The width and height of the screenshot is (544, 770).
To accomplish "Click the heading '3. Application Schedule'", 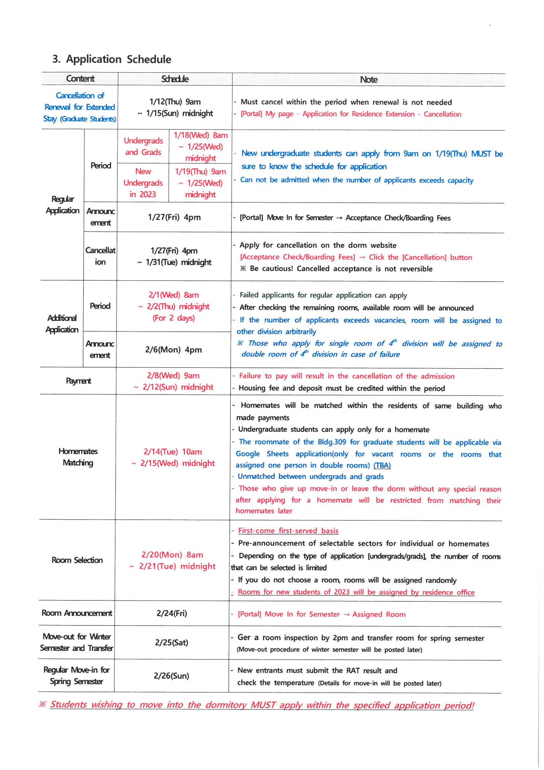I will click(112, 59).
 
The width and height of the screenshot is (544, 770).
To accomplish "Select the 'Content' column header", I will click(80, 79).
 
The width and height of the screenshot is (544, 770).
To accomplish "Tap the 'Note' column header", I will click(368, 80).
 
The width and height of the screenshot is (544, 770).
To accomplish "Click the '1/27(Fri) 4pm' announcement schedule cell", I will click(174, 217).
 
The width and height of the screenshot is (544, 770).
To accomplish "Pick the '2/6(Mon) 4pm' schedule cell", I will click(173, 350).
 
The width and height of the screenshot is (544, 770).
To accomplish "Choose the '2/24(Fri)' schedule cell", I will click(171, 613).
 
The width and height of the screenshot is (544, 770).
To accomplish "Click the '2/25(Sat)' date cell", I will click(171, 643).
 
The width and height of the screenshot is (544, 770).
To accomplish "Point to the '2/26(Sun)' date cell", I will click(171, 676).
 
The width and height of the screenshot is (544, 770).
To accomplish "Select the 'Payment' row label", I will click(78, 381).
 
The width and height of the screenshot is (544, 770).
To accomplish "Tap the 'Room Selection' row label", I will click(77, 560).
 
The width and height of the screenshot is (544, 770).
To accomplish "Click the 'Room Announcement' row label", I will click(77, 613).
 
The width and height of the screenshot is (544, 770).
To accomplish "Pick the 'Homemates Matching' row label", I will click(78, 457).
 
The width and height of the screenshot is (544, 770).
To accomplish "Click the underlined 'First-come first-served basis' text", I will click(288, 531).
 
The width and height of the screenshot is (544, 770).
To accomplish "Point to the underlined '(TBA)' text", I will click(382, 465).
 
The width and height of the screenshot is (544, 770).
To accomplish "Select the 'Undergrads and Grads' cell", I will click(143, 147).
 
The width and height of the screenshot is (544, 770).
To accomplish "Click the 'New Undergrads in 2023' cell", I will click(143, 183).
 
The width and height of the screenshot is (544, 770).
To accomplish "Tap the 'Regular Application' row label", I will click(62, 205).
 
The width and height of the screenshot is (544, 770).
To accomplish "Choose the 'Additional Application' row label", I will click(62, 324).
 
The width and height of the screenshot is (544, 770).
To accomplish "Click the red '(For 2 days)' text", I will click(174, 318).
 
